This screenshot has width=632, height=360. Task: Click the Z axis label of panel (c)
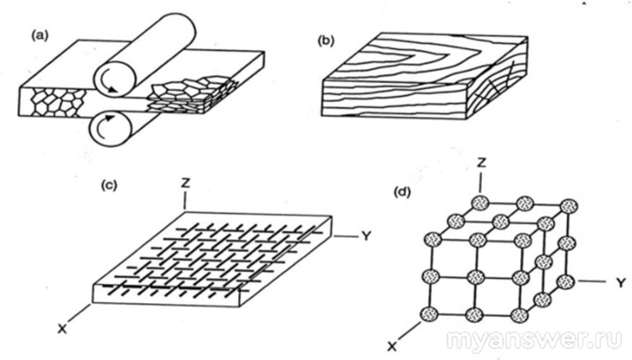point(184,181)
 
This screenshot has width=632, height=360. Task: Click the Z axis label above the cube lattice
point(482,163)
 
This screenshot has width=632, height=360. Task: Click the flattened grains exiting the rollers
point(190,95)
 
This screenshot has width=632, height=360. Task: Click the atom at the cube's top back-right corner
point(569,206)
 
